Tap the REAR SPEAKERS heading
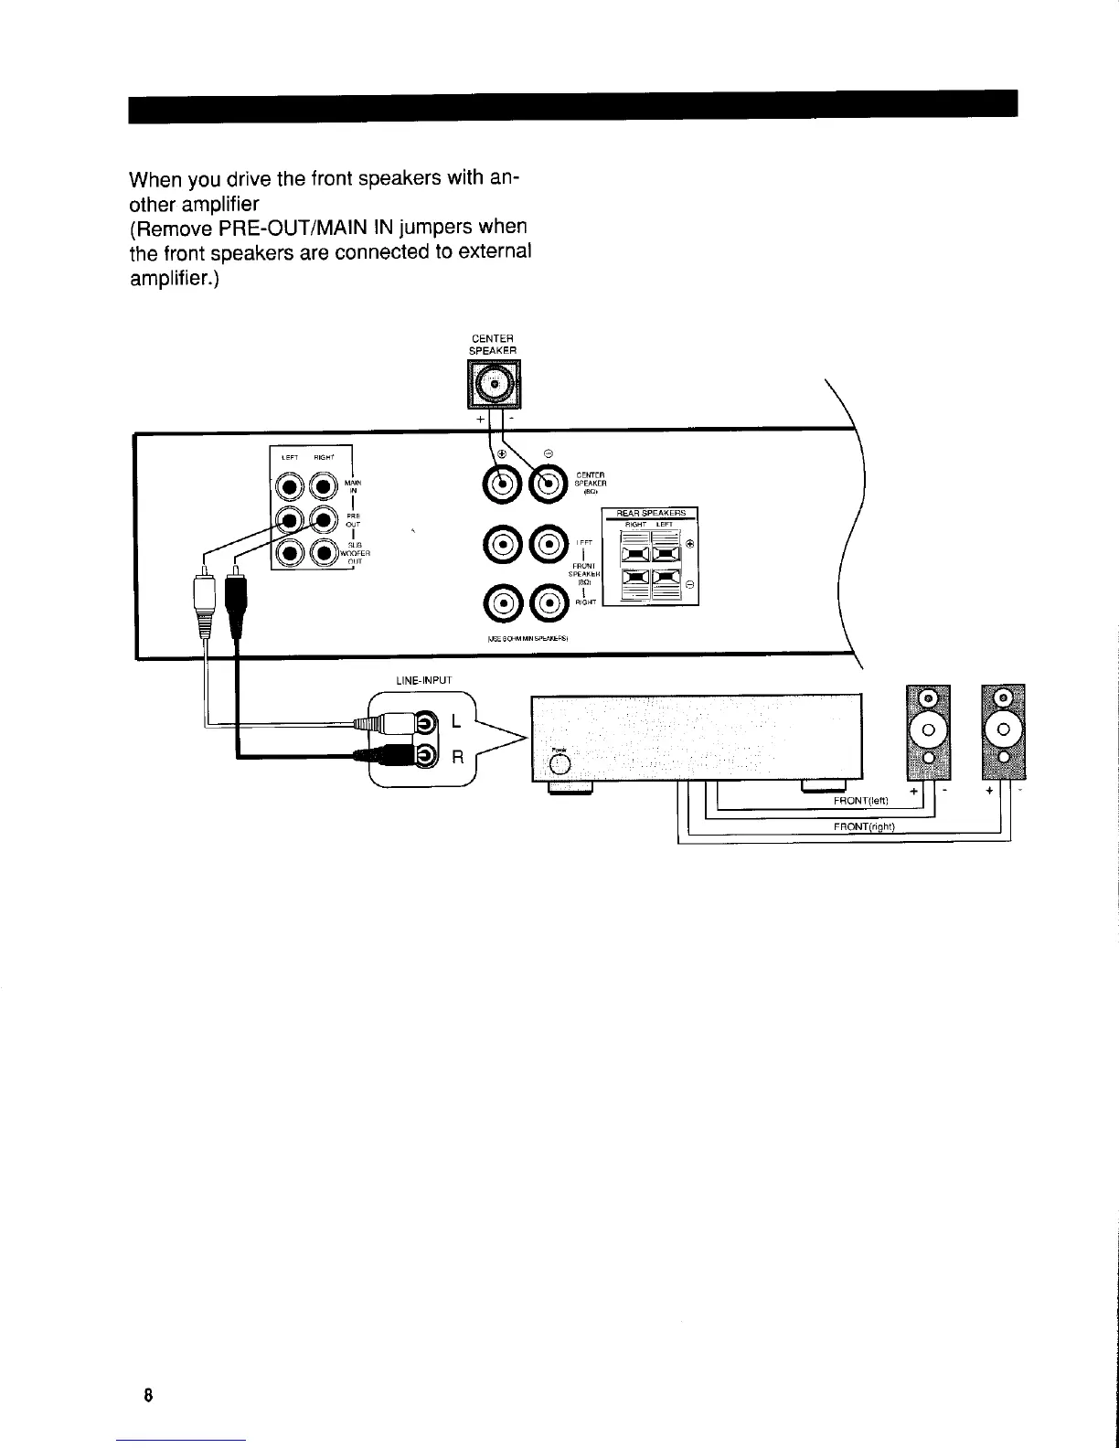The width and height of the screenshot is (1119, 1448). click(x=651, y=514)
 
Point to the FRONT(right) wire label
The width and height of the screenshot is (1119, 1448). click(x=862, y=827)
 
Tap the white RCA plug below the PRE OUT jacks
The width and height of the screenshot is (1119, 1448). click(x=203, y=603)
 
